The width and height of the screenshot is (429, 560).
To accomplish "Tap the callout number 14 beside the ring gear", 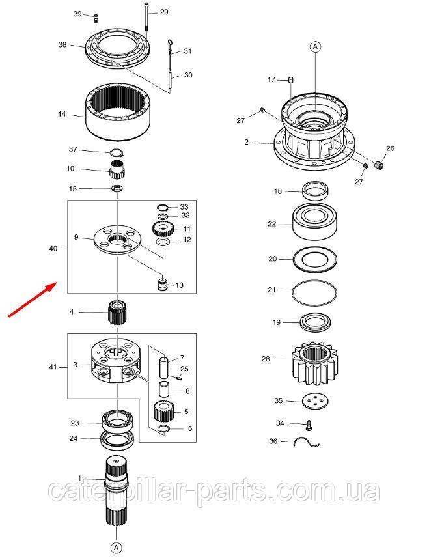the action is [62, 114].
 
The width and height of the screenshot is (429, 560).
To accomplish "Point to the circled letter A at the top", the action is [316, 46].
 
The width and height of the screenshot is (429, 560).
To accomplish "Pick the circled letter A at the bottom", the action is [116, 548].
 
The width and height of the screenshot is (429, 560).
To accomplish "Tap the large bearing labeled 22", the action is [314, 222].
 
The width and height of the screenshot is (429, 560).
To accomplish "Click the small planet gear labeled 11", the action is [163, 229].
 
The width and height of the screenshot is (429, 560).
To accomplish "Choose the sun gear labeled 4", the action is [117, 313].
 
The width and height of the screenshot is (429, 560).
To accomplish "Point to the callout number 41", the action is [53, 367].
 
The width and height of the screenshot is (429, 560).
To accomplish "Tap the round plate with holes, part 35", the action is [314, 400].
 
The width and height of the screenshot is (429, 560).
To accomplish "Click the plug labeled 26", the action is [379, 165].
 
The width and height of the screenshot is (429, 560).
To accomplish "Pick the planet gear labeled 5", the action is [163, 411].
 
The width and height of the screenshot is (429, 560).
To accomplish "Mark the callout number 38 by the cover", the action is [62, 45].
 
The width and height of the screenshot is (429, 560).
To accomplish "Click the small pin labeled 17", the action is [291, 80].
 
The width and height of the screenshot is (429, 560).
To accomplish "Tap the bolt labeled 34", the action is [309, 425].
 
